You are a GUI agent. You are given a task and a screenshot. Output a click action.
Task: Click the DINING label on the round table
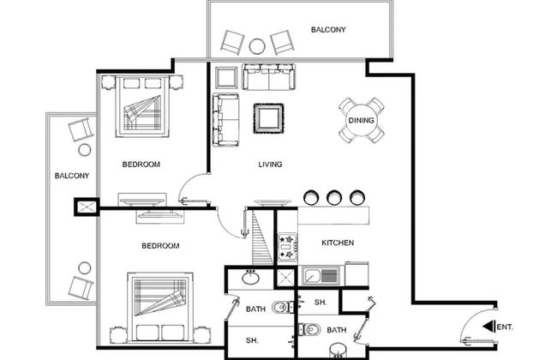point(362,121)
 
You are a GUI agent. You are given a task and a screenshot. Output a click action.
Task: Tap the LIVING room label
point(270,165)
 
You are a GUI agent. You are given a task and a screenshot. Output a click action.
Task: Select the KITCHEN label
point(338,243)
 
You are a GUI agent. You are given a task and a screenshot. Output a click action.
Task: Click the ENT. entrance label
point(505,327)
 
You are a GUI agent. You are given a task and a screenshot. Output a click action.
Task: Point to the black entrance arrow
point(488,327)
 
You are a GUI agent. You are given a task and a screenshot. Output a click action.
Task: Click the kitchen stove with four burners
point(287,247)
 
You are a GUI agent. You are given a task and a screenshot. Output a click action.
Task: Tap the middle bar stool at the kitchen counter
point(334,197)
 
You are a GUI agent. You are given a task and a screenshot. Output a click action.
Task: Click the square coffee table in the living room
point(268,118)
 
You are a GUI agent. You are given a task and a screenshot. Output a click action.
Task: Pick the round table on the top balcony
point(257,46)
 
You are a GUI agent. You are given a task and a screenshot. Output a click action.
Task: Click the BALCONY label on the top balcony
point(328,30)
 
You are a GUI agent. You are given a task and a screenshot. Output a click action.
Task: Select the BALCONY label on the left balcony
point(72,176)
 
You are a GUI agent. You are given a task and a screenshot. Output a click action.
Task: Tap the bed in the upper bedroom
point(142,106)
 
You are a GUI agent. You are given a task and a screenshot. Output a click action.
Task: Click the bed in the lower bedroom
point(160,308)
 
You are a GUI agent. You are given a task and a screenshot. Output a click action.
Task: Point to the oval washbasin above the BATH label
point(251,277)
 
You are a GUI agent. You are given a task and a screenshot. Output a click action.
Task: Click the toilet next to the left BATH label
point(283,307)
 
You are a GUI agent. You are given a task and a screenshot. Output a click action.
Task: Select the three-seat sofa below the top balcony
point(268,77)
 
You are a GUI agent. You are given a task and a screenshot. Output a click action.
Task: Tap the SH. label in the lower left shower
point(252,340)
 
